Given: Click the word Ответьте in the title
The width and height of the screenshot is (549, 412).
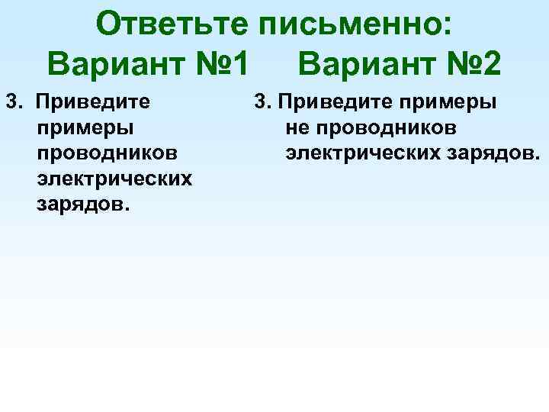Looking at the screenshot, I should [x=172, y=24].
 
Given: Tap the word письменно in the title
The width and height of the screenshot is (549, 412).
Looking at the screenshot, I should [x=349, y=24].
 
